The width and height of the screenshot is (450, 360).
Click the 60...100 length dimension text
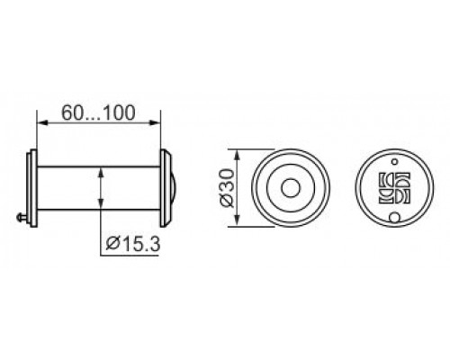(98, 112)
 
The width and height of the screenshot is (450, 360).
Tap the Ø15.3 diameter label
(133, 244)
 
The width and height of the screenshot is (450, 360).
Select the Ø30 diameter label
(226, 188)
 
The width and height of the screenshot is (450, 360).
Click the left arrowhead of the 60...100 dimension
(42, 122)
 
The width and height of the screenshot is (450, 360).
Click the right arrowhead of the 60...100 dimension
(155, 122)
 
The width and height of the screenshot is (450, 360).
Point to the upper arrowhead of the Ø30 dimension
(237, 155)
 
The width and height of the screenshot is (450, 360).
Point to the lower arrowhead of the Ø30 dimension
(237, 220)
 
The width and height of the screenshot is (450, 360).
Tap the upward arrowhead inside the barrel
(101, 174)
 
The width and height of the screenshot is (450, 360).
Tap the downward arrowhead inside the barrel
(101, 202)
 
